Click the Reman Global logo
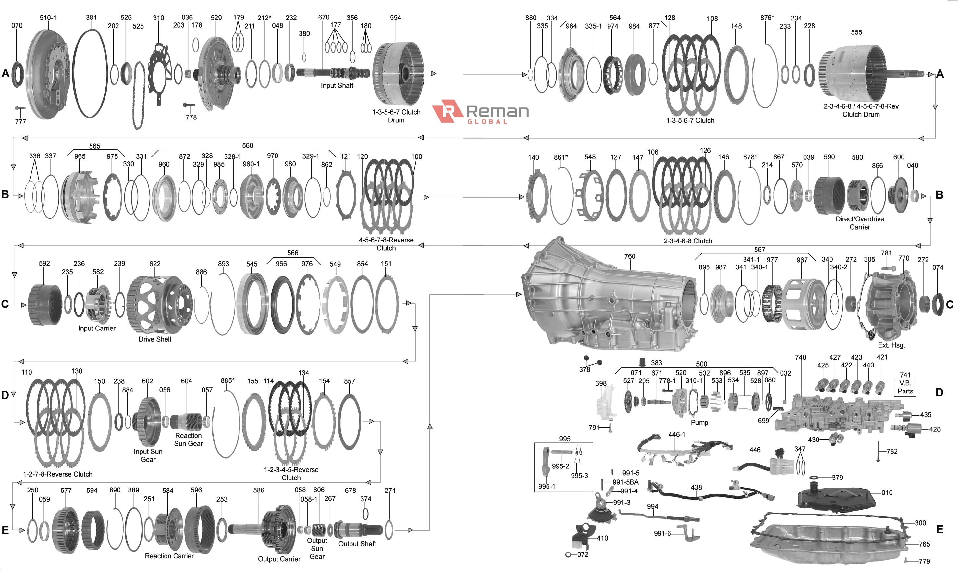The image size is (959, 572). [x=480, y=112]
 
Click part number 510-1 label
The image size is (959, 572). [x=48, y=18]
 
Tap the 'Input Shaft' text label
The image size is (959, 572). [x=337, y=86]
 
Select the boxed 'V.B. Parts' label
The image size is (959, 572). [x=905, y=387]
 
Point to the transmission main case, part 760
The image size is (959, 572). [x=609, y=301]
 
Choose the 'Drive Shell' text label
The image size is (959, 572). [x=154, y=339]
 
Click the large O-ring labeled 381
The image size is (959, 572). [x=90, y=73]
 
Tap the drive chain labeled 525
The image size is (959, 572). [x=138, y=94]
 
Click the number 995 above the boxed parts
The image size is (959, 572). [x=564, y=439]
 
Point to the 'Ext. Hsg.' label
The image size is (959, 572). [x=891, y=346]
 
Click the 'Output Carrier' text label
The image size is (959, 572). [x=279, y=559]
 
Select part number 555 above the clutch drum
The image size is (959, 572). [x=856, y=32]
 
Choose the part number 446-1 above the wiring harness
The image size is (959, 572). [x=677, y=435]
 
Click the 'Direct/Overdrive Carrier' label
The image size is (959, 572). [x=860, y=223]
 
